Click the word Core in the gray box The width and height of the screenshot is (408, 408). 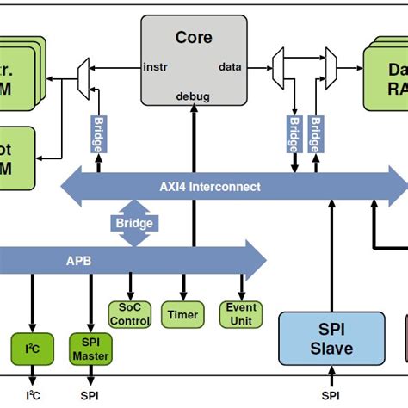[x=193, y=37]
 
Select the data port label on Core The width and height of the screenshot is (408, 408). [x=230, y=65]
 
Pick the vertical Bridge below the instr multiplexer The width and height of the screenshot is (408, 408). [x=97, y=133]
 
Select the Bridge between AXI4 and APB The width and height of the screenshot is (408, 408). [x=134, y=224]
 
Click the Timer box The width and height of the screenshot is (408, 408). [x=182, y=314]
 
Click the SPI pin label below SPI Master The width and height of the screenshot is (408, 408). [x=89, y=396]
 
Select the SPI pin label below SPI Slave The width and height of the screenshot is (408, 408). [x=331, y=396]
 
